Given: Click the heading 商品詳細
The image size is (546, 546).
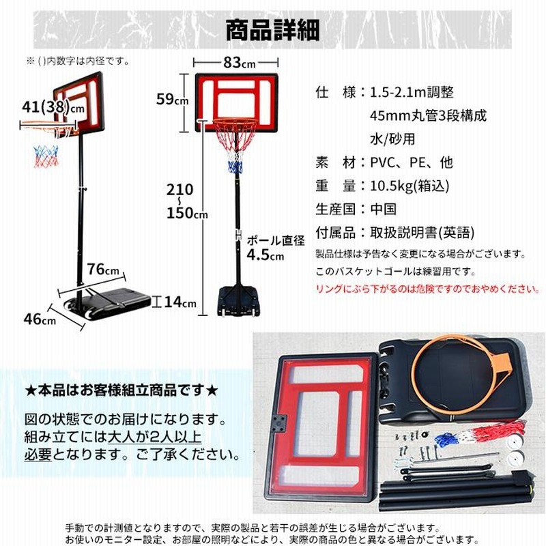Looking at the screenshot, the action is click(x=272, y=30).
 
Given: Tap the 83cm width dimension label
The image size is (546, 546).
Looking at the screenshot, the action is click(x=240, y=63).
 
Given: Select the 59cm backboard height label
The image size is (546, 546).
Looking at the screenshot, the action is click(x=173, y=99).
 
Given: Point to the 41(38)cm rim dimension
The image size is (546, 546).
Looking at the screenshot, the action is click(x=53, y=107).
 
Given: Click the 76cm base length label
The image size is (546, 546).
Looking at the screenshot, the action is click(x=103, y=269).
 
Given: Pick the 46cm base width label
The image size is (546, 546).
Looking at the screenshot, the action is click(x=40, y=319).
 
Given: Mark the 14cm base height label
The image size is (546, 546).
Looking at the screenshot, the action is click(x=180, y=302).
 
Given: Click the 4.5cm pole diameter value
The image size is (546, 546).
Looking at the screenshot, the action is click(x=265, y=255).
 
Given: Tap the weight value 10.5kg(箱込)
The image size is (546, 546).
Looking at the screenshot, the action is click(x=409, y=186).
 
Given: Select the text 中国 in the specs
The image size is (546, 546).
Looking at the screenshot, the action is click(x=384, y=209).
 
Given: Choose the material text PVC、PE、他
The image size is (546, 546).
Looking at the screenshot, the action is click(x=412, y=162).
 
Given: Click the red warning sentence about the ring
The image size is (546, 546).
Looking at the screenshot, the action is click(x=428, y=289).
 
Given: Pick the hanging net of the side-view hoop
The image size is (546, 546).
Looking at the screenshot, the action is click(x=46, y=157).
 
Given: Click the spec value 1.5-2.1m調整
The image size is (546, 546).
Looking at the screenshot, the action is click(x=412, y=93).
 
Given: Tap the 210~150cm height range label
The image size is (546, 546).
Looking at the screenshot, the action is click(x=186, y=201).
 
